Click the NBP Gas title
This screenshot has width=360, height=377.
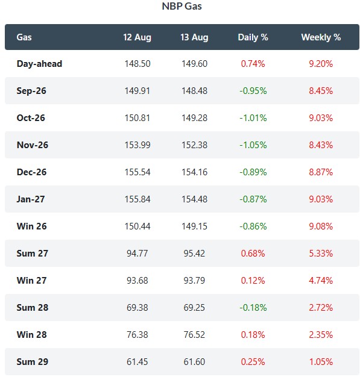pyautogui.click(x=182, y=6)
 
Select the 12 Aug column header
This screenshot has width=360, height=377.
pyautogui.click(x=137, y=37)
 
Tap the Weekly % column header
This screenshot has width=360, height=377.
pyautogui.click(x=321, y=37)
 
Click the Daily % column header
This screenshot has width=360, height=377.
pyautogui.click(x=253, y=37)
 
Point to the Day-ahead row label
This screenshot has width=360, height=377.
pyautogui.click(x=39, y=64)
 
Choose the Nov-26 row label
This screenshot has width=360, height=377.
pyautogui.click(x=33, y=145)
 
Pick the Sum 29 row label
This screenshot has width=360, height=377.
pyautogui.click(x=33, y=361)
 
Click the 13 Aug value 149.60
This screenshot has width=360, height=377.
pyautogui.click(x=194, y=64)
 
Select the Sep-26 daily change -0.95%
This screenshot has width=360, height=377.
pyautogui.click(x=253, y=91)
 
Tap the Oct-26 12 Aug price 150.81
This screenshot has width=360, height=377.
pyautogui.click(x=137, y=118)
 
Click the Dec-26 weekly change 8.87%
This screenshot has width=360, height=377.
pyautogui.click(x=321, y=172)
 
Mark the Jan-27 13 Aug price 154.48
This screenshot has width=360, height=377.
pyautogui.click(x=194, y=199)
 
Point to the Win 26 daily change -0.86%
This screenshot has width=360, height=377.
pyautogui.click(x=253, y=226)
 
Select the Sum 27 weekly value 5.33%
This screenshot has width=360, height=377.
pyautogui.click(x=321, y=254)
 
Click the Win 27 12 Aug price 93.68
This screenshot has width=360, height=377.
pyautogui.click(x=137, y=281)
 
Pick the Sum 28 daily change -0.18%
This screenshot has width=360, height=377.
pyautogui.click(x=253, y=308)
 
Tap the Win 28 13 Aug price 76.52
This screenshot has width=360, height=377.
pyautogui.click(x=194, y=335)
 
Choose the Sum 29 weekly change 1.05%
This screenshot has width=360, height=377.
pyautogui.click(x=321, y=361)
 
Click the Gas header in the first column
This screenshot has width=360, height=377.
pyautogui.click(x=24, y=37)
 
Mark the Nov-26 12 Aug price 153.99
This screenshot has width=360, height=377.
pyautogui.click(x=137, y=145)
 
